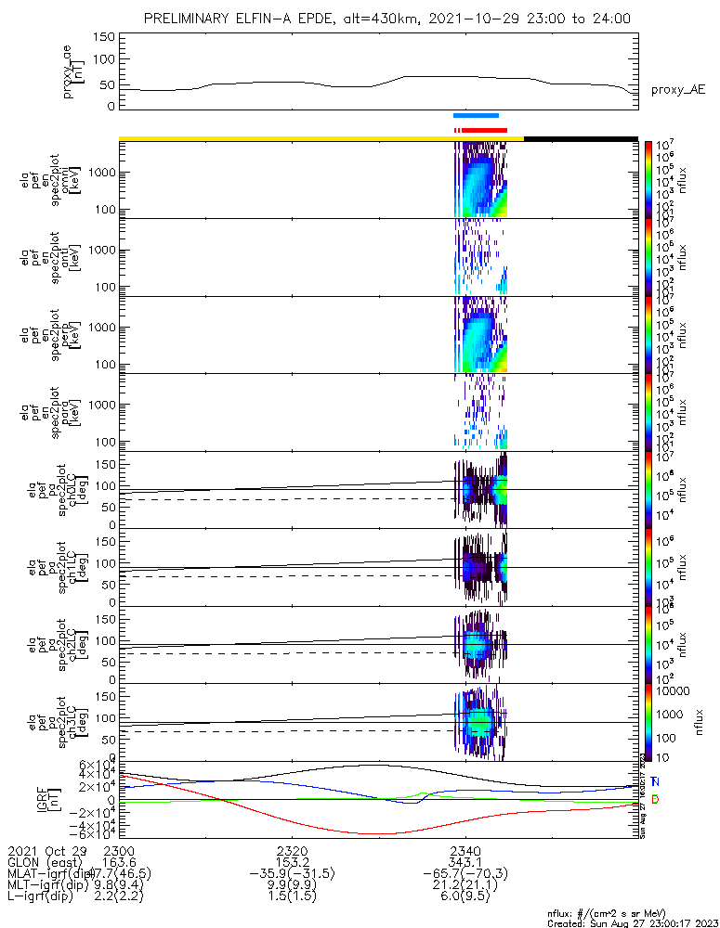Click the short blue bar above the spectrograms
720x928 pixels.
pyautogui.click(x=476, y=115)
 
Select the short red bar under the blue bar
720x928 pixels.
pyautogui.click(x=484, y=130)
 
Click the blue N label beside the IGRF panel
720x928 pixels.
pyautogui.click(x=655, y=782)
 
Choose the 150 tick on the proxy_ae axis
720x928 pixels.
pyautogui.click(x=104, y=36)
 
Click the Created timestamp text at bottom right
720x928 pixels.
pyautogui.click(x=632, y=922)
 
